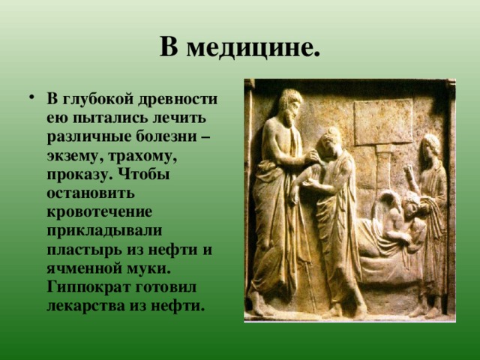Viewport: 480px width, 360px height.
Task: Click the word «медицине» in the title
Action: pyautogui.click(x=253, y=47)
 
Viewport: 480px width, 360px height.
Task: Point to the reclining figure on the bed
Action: pyautogui.click(x=390, y=225)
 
